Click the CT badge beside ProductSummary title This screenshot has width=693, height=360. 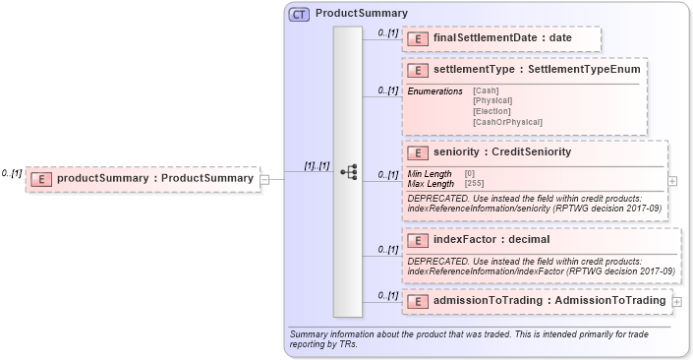point(299,14)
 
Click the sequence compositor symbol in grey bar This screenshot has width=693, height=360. point(348,171)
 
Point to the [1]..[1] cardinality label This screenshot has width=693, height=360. point(316,166)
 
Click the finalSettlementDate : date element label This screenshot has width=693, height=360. point(502,38)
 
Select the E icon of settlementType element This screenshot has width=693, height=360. point(417,71)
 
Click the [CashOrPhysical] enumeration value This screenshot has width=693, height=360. point(507,122)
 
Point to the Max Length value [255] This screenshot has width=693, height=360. point(474,183)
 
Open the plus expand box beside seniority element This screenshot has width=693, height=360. point(672,181)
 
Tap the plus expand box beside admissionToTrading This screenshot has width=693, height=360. point(677,300)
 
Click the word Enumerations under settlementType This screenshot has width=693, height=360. point(434,91)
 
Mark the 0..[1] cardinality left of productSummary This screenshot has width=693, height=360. point(11,173)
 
